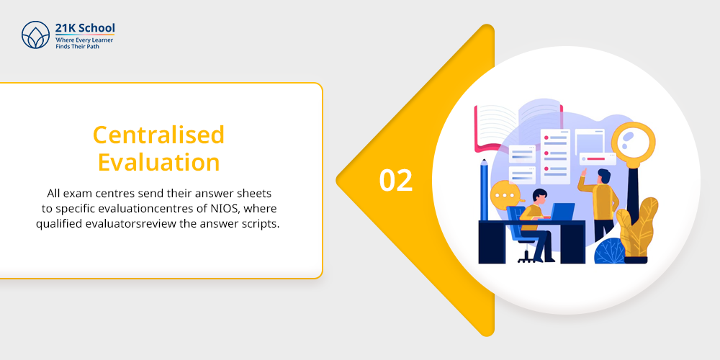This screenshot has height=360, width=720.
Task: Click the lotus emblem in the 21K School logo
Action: pyautogui.click(x=35, y=35)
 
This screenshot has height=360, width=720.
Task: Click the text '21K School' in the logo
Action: pyautogui.click(x=85, y=28)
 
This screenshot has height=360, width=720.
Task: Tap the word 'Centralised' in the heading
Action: pyautogui.click(x=158, y=135)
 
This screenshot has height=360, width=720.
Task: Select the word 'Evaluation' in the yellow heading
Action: pyautogui.click(x=159, y=163)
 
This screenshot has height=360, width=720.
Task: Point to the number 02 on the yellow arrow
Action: pyautogui.click(x=396, y=181)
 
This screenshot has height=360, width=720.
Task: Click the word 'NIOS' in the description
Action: pyautogui.click(x=229, y=209)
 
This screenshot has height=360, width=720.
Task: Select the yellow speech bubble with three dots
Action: pyautogui.click(x=506, y=196)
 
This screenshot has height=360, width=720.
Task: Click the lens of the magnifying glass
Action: pyautogui.click(x=633, y=140)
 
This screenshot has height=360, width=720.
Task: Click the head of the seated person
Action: pyautogui.click(x=539, y=196)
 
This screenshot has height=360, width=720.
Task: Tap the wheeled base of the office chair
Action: pyautogui.click(x=527, y=258)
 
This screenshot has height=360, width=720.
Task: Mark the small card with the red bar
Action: pyautogui.click(x=598, y=159)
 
